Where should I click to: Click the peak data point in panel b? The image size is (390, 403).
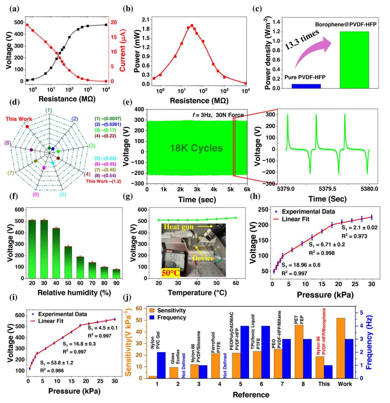pyautogui.click(x=192, y=25)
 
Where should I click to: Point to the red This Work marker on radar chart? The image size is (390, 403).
pyautogui.click(x=27, y=126)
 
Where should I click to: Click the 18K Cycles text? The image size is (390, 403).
pyautogui.click(x=196, y=148)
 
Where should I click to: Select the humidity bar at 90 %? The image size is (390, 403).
pyautogui.click(x=116, y=274)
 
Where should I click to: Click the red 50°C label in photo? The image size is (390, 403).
pyautogui.click(x=170, y=272)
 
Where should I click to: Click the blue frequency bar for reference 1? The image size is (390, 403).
pyautogui.click(x=161, y=365)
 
